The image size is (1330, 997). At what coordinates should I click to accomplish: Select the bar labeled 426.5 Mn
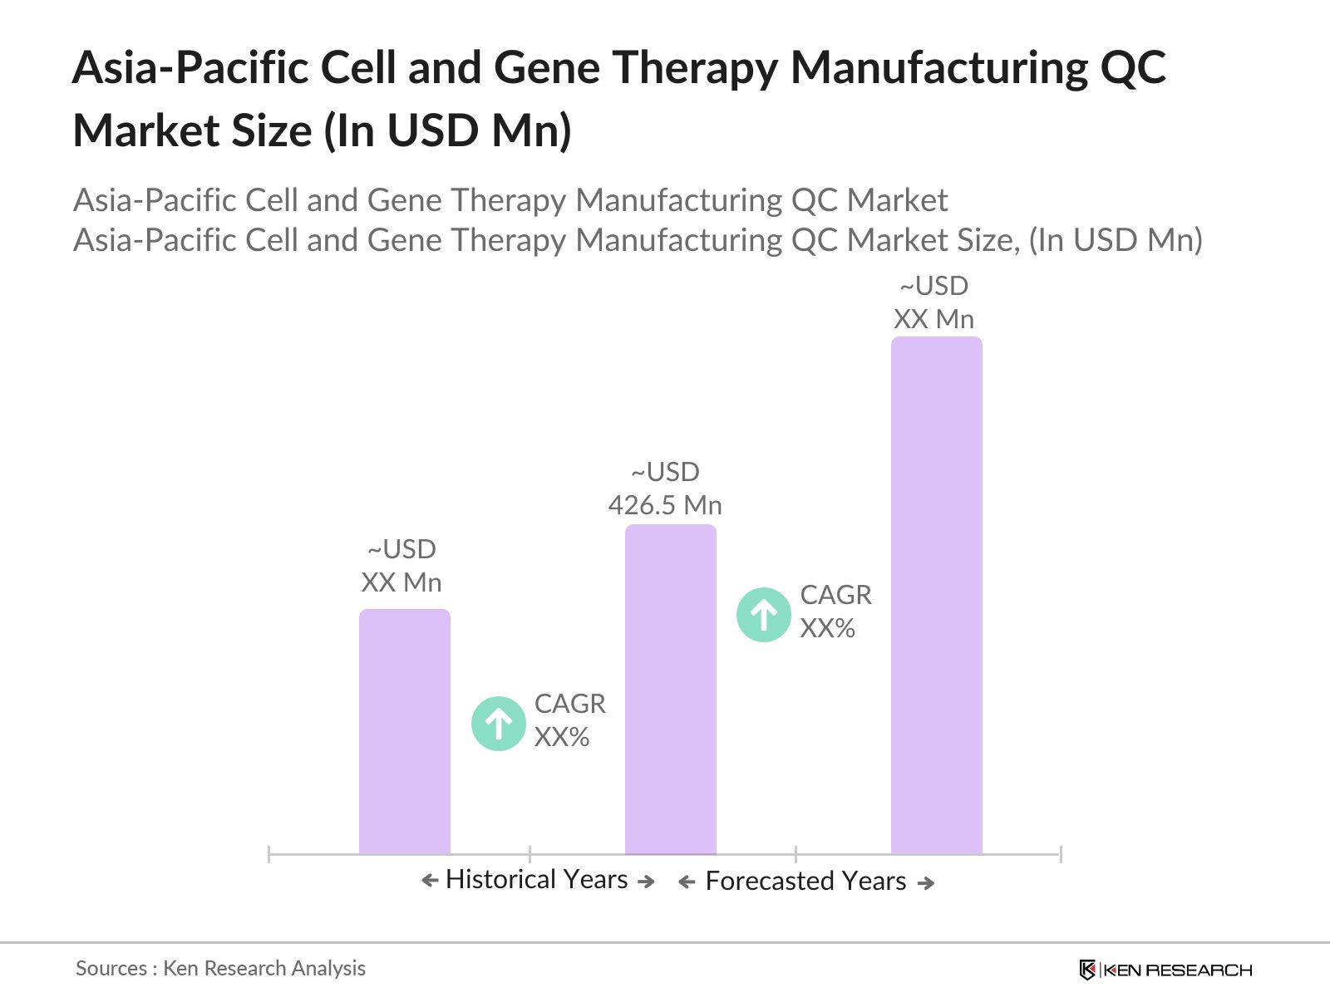click(x=670, y=689)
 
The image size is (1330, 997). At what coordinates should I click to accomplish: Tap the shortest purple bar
click(x=404, y=731)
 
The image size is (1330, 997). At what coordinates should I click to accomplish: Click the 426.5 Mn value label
click(x=665, y=505)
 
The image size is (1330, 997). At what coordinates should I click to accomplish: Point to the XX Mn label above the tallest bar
click(x=933, y=319)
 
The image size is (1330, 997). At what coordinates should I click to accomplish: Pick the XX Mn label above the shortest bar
click(x=401, y=582)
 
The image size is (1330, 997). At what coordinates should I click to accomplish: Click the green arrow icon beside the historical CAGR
click(x=499, y=724)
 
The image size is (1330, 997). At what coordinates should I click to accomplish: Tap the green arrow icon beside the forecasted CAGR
click(x=764, y=615)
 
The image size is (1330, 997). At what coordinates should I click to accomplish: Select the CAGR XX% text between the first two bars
click(x=569, y=720)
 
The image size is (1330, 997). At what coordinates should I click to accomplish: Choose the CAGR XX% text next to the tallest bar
click(x=835, y=611)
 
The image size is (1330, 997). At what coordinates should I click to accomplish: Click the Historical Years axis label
click(x=536, y=879)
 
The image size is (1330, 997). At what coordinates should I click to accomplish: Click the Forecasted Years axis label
click(x=805, y=881)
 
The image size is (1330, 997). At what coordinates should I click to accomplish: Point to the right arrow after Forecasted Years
click(x=926, y=882)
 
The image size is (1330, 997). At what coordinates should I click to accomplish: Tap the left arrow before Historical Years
click(x=430, y=881)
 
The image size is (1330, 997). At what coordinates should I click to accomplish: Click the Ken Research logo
click(x=1165, y=970)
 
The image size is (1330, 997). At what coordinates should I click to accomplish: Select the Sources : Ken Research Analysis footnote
click(x=220, y=968)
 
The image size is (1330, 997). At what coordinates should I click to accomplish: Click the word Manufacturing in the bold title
click(x=937, y=67)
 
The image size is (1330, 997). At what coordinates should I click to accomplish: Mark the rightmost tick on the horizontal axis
click(x=1061, y=853)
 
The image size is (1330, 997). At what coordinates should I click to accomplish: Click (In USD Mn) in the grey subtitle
click(x=1116, y=240)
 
